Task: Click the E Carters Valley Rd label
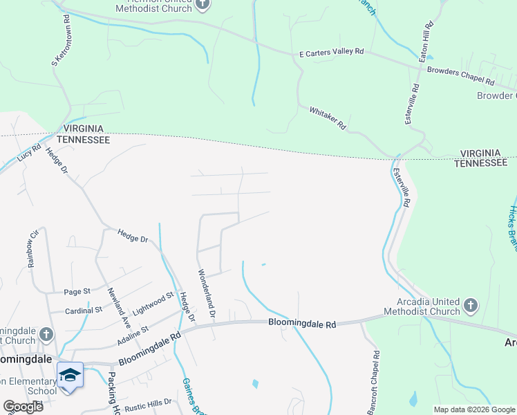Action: click(331, 53)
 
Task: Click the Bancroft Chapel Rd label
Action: click(373, 382)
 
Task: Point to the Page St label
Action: click(77, 292)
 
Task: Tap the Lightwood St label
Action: click(151, 302)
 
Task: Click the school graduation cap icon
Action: click(70, 375)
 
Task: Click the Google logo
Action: click(23, 407)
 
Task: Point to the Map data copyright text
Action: click(473, 409)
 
